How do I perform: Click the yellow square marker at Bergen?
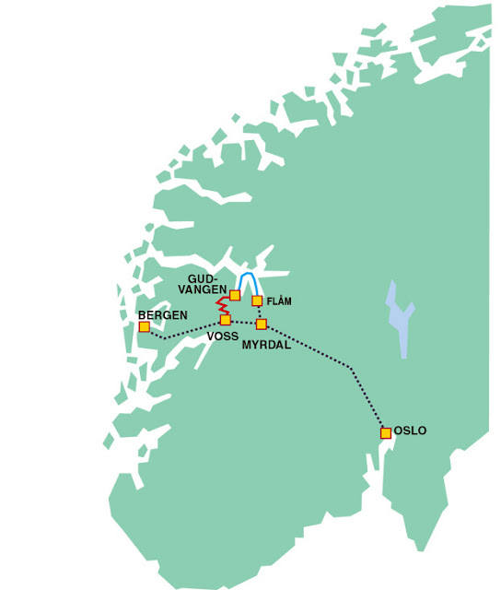(145, 326)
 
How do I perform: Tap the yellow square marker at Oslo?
(386, 432)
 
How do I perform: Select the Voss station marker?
(225, 320)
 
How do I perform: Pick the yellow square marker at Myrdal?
(261, 324)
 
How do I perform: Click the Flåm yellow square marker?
(257, 301)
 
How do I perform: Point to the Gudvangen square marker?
(235, 296)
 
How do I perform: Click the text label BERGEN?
(162, 315)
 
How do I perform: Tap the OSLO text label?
(410, 431)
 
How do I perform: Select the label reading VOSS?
(223, 336)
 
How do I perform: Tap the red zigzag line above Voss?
(221, 304)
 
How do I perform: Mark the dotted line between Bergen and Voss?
(189, 331)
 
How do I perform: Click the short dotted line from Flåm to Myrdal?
(259, 313)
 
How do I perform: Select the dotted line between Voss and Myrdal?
(243, 322)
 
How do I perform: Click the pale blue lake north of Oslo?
(398, 318)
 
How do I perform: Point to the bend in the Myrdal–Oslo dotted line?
(351, 368)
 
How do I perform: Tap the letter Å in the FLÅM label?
(281, 301)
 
